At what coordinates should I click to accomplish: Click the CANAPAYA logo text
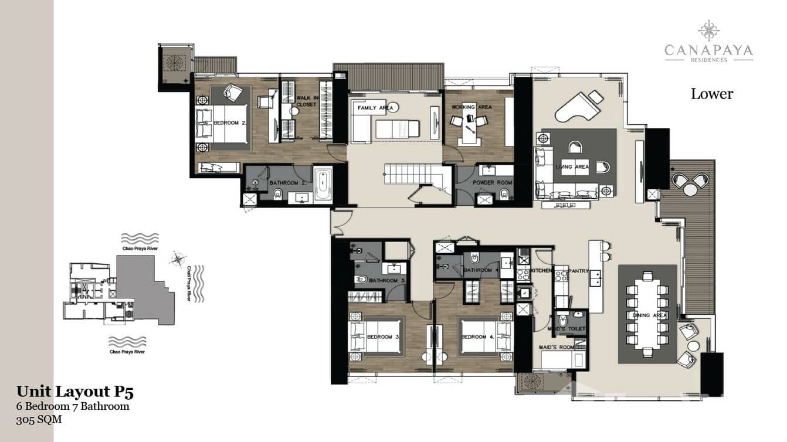[708, 51]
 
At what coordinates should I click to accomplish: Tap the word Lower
[711, 94]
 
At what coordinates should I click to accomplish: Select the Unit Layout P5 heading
[79, 392]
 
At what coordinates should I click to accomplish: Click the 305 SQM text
[39, 419]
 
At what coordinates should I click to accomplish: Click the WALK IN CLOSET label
[306, 101]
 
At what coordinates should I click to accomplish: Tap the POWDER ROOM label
[493, 182]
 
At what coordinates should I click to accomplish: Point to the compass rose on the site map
[178, 259]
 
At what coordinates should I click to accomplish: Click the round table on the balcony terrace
[690, 189]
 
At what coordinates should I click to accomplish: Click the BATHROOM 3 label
[384, 281]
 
